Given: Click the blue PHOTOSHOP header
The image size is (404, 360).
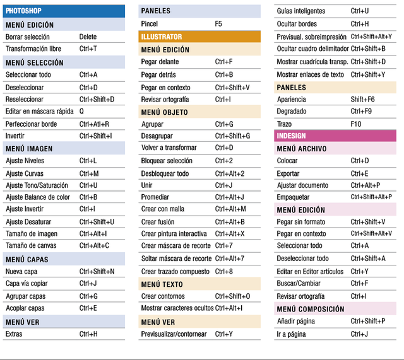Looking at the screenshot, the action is point(64,11).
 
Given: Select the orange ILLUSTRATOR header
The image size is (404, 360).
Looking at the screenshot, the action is point(199,37).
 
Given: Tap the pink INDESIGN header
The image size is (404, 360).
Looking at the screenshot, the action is point(335,136).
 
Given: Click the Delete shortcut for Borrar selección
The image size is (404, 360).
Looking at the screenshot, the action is point(88,37).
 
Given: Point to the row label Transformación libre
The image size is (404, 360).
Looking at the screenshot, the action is point(33,49).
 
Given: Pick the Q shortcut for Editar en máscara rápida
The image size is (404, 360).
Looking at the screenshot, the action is point(81,111).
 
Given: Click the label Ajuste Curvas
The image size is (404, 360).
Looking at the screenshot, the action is point(25,173).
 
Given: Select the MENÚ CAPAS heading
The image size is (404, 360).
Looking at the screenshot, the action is point(27,259).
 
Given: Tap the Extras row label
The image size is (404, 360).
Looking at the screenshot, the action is point(14,334).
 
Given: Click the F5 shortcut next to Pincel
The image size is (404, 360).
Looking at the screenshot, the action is point(218,24).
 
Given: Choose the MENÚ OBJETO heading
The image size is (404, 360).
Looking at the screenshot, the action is point(164,112).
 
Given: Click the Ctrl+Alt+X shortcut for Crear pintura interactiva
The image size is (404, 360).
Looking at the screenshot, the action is point(230,234).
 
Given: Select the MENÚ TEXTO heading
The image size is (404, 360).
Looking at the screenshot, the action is point(162,284).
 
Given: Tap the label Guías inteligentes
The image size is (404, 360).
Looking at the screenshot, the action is point(301,11).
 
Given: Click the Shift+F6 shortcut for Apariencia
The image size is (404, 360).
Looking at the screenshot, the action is point(362,100).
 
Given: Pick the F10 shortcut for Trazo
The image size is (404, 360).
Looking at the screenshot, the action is point(356,124).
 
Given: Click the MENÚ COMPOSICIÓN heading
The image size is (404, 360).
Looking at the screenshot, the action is point(311,309).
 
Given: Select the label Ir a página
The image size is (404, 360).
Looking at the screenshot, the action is point(291,334).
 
